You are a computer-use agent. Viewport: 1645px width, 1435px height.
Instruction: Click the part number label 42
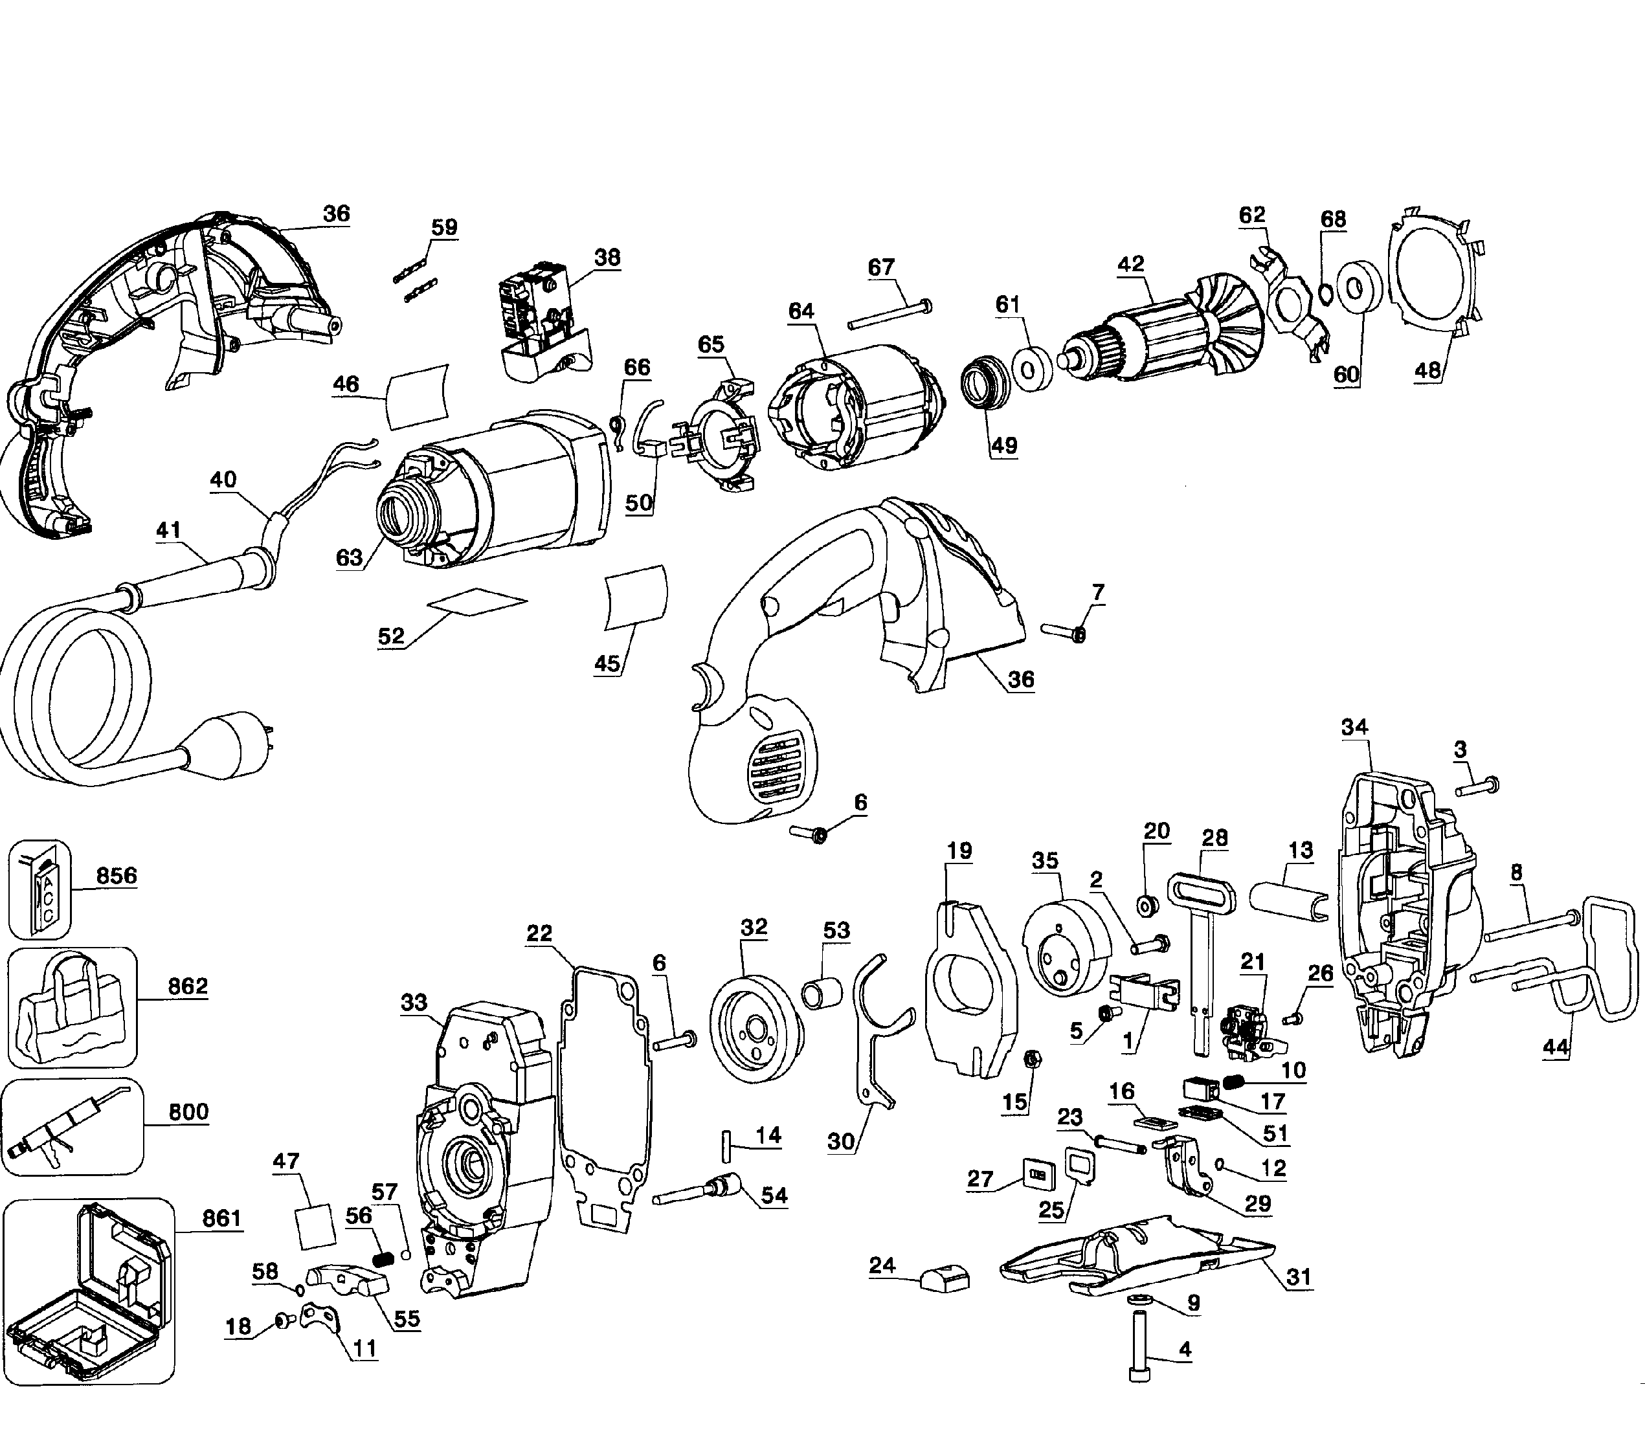1131,263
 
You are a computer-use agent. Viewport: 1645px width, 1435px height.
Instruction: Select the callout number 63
349,557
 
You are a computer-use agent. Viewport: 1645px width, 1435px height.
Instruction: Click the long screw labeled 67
889,314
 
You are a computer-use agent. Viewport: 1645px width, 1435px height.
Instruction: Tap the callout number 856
117,875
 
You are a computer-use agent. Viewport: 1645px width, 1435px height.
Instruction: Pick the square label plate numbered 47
315,1226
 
